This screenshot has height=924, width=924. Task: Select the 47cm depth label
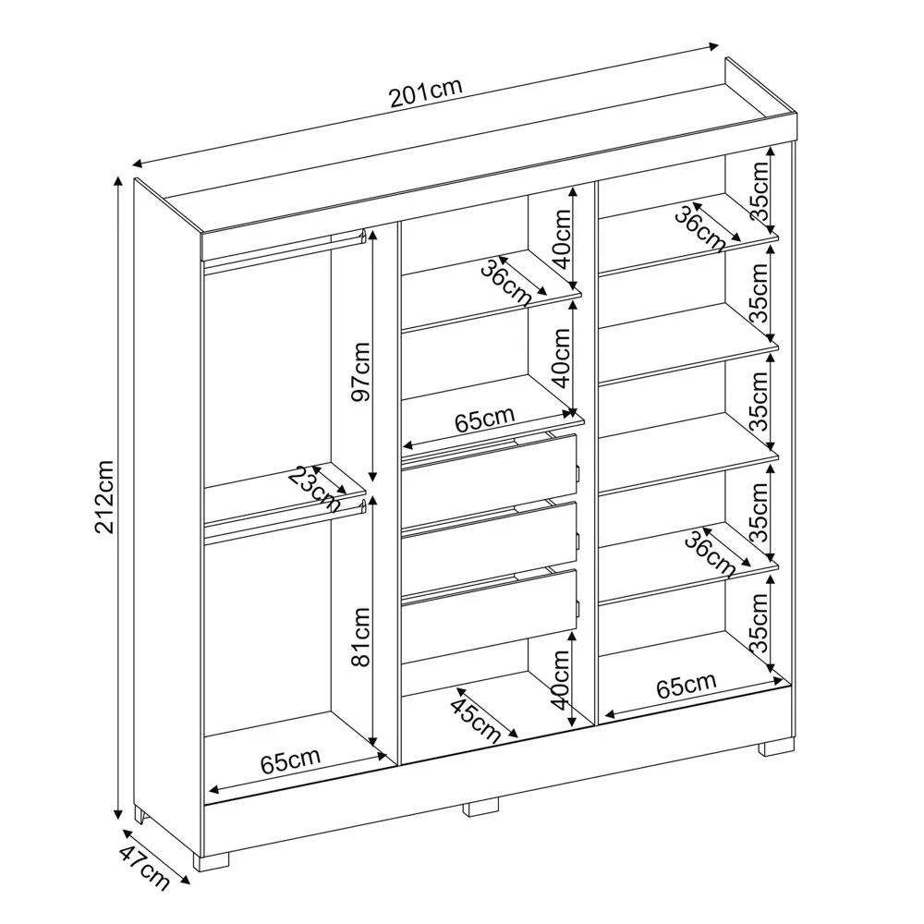144,869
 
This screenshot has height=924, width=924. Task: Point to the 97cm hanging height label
360,371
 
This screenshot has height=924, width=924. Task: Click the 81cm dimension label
360,637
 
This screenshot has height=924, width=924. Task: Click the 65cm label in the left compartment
290,761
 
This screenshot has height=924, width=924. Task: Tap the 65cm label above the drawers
484,420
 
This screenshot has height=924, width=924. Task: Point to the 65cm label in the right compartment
686,687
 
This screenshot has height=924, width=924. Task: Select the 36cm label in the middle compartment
505,282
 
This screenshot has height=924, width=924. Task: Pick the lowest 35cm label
760,623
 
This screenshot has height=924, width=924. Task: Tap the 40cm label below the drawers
560,678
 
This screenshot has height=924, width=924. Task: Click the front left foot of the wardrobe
212,859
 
